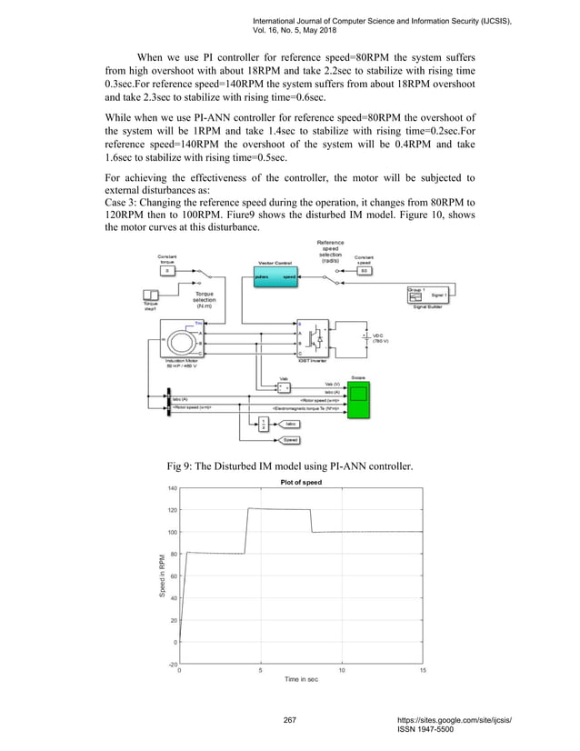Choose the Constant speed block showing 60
364,270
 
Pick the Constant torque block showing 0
165,271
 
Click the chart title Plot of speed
299,482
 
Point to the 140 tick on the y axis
171,488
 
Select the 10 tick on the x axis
341,670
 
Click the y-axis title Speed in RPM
160,576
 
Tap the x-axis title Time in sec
300,679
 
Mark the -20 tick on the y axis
171,664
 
